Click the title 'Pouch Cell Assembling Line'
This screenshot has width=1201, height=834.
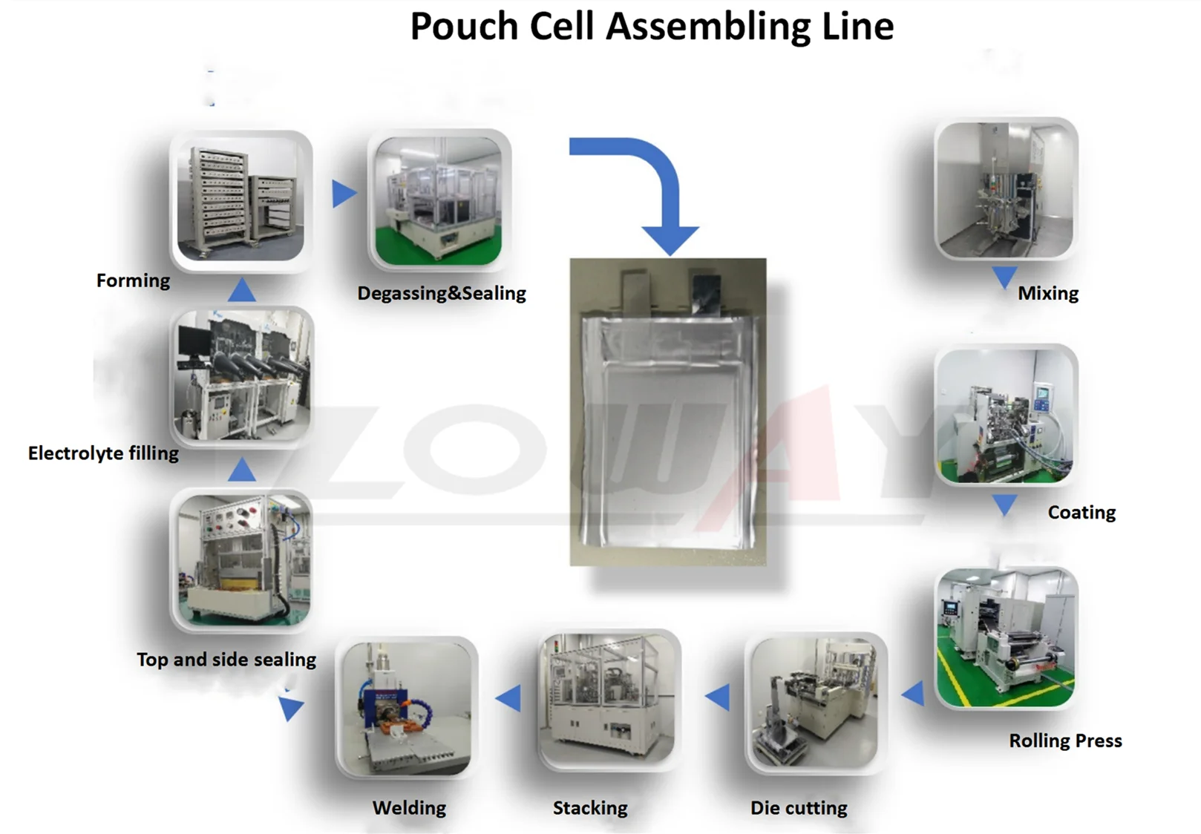pyautogui.click(x=652, y=27)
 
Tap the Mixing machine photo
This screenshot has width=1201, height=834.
pyautogui.click(x=1006, y=190)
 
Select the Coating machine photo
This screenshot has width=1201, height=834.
pyautogui.click(x=1006, y=416)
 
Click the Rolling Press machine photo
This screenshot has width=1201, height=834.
pyautogui.click(x=1006, y=638)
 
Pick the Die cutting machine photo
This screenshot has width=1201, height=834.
pyautogui.click(x=815, y=702)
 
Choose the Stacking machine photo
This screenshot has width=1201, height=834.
pyautogui.click(x=609, y=700)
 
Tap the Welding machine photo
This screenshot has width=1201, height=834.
pyautogui.click(x=407, y=708)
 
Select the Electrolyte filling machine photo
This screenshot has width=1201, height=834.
pyautogui.click(x=242, y=377)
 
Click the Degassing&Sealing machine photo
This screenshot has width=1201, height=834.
pyautogui.click(x=439, y=199)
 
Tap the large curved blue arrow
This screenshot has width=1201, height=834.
pyautogui.click(x=653, y=185)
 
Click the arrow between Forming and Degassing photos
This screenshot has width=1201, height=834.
pyautogui.click(x=343, y=194)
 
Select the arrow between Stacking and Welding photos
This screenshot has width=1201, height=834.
pyautogui.click(x=509, y=699)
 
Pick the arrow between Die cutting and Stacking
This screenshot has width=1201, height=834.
pyautogui.click(x=719, y=697)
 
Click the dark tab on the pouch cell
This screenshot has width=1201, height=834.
pyautogui.click(x=705, y=292)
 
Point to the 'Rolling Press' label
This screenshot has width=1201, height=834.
pyautogui.click(x=1065, y=741)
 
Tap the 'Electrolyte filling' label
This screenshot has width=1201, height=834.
pyautogui.click(x=103, y=453)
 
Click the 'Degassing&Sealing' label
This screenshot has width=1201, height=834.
pyautogui.click(x=442, y=294)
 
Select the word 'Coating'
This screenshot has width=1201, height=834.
pyautogui.click(x=1081, y=513)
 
